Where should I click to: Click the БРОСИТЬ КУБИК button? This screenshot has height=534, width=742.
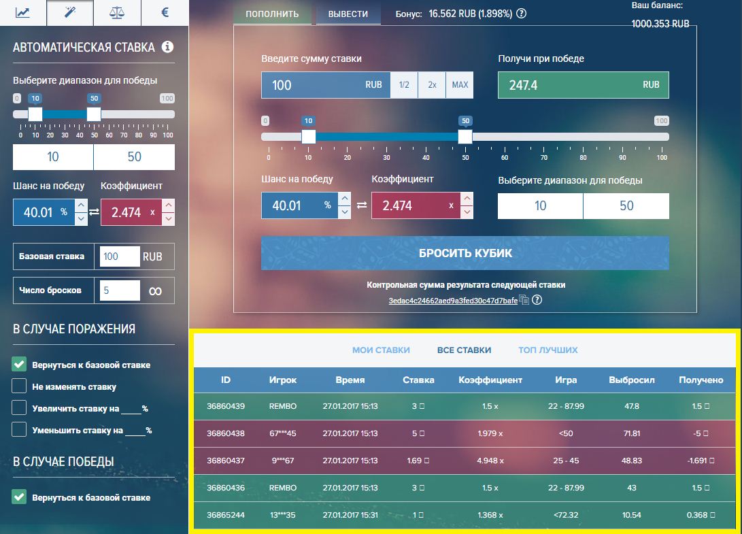tap(465, 253)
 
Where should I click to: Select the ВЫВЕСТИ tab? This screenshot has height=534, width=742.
tap(348, 14)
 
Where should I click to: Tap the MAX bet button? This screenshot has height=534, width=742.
tap(460, 85)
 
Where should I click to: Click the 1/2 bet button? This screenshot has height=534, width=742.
tap(404, 85)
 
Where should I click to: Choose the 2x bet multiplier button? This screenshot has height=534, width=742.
tap(432, 85)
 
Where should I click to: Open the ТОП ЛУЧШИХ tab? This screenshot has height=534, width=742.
tap(547, 350)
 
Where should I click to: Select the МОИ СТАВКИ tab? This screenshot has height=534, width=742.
tap(381, 350)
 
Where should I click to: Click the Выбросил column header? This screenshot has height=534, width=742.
tap(632, 380)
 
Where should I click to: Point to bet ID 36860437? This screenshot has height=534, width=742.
tap(226, 461)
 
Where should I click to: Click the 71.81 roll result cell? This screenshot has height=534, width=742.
tap(632, 433)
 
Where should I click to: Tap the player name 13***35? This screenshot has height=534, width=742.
tap(283, 515)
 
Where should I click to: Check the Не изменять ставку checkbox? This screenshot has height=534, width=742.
tap(20, 386)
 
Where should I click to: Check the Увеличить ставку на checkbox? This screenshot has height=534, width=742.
tap(20, 408)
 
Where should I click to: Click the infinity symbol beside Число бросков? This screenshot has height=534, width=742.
tap(155, 290)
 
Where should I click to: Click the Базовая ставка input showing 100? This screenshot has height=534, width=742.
tap(119, 257)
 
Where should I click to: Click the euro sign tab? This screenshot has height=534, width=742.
tap(165, 12)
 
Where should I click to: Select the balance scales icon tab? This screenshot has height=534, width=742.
tap(117, 12)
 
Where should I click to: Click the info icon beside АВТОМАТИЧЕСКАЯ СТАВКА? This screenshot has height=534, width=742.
tap(167, 47)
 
